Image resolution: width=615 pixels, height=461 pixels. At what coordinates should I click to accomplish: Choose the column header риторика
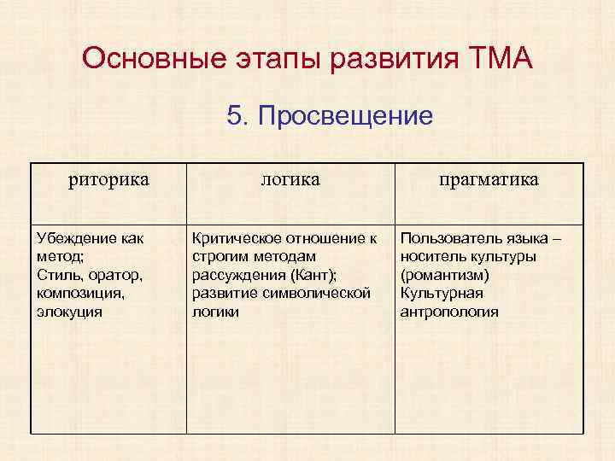pos(108,179)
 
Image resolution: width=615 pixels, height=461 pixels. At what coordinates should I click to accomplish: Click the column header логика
pos(290,179)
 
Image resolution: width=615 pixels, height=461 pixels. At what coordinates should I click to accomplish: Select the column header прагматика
pos(489,179)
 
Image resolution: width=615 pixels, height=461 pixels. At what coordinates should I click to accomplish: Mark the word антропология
pos(449,312)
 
